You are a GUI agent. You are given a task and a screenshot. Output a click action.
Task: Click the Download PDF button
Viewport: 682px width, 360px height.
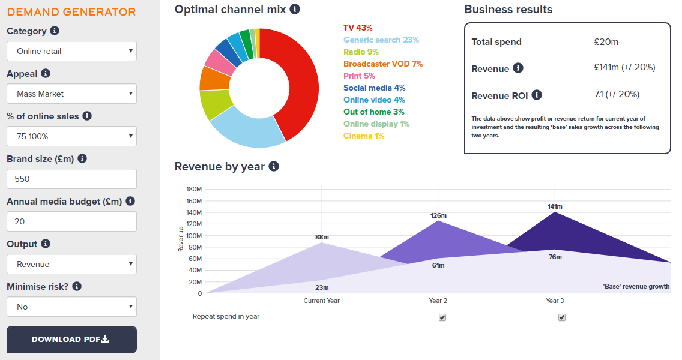click(x=71, y=339)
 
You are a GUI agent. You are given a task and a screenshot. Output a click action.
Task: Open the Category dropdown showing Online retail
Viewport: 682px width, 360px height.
click(x=71, y=51)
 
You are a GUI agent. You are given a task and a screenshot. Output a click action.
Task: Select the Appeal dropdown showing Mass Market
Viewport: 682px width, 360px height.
click(x=71, y=94)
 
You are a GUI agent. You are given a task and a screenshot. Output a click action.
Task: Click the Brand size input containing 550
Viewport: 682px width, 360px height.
click(x=71, y=179)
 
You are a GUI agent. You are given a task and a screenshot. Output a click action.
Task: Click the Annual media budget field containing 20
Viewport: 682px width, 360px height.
click(x=71, y=221)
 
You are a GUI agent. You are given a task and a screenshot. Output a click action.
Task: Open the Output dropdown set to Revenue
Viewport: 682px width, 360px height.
click(x=71, y=264)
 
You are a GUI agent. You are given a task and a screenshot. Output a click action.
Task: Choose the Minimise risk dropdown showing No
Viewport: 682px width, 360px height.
click(x=71, y=307)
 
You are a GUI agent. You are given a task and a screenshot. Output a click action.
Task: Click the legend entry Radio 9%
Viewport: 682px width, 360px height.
click(x=361, y=52)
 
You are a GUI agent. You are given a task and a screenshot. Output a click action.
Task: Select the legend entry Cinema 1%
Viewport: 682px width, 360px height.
click(x=364, y=136)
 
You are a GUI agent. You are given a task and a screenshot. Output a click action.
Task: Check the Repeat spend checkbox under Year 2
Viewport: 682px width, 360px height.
click(x=442, y=317)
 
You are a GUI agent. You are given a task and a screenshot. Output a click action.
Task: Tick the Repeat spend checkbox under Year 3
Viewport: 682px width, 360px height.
click(x=562, y=317)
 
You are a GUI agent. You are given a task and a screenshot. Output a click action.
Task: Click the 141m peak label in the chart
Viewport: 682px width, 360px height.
click(x=555, y=206)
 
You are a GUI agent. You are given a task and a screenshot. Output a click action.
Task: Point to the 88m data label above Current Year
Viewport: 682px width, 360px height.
click(x=322, y=237)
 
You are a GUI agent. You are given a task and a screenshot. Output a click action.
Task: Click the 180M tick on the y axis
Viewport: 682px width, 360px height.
click(x=194, y=190)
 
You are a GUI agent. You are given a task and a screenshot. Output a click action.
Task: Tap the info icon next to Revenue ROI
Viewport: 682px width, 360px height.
click(x=537, y=95)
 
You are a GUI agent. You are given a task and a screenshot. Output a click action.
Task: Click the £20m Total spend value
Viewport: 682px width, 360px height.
click(x=606, y=41)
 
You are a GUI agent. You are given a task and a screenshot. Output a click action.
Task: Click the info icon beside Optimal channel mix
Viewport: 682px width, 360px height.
click(x=295, y=9)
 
